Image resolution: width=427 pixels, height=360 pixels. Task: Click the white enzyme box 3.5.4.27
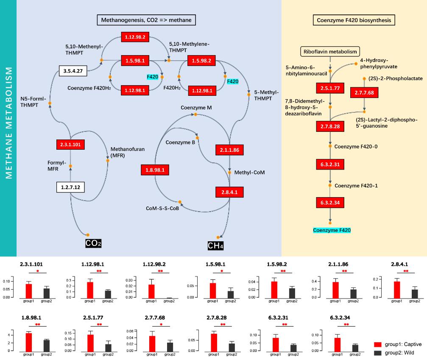tap(73, 71)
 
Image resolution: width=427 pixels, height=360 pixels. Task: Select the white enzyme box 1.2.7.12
tap(71, 186)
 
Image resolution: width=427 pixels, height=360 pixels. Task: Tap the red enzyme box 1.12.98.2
tap(135, 37)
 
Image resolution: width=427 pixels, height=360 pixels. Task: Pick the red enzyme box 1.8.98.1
tap(155, 170)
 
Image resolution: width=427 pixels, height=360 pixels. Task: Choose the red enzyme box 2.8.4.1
tap(229, 192)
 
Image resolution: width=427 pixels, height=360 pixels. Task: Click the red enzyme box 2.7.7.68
tap(363, 92)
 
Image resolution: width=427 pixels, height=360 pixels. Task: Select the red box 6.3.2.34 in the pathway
tap(330, 202)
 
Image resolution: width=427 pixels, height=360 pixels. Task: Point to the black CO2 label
tap(93, 243)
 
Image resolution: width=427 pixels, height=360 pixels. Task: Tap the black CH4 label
tap(215, 246)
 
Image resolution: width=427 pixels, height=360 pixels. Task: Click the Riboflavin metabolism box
tap(330, 52)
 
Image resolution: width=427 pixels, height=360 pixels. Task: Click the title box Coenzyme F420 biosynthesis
tap(354, 20)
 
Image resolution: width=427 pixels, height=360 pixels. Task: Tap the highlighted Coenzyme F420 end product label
tap(332, 230)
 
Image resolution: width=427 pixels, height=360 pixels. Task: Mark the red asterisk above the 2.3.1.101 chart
tap(38, 271)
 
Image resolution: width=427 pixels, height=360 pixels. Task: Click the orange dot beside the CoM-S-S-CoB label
tap(180, 201)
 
